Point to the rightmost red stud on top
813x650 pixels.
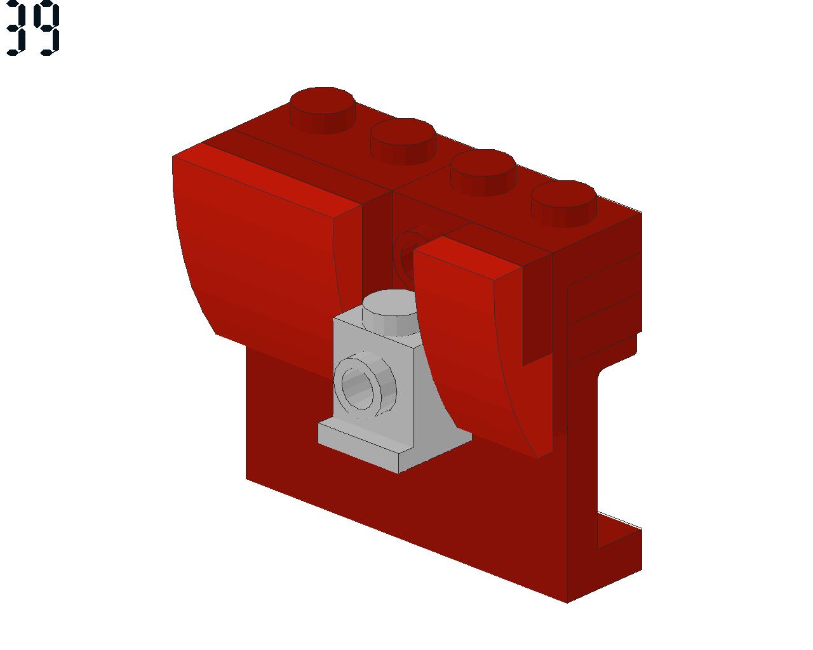click(x=563, y=202)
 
